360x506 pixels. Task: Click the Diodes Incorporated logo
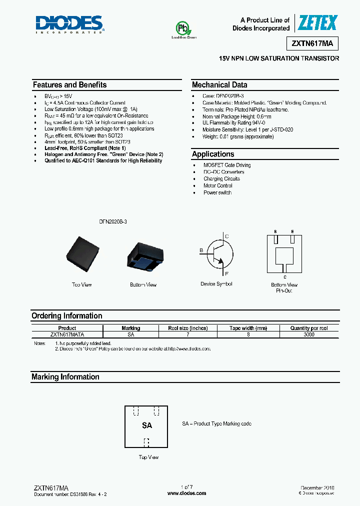point(69,24)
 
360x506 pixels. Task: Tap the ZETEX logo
point(317,23)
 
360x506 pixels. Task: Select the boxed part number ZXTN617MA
point(312,44)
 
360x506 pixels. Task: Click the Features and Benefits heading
point(69,85)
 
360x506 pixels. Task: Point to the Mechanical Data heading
point(219,85)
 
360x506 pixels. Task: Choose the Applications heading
point(213,154)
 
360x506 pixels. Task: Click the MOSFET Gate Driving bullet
point(227,165)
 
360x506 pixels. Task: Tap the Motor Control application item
point(217,185)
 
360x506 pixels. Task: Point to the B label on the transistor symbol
point(201,250)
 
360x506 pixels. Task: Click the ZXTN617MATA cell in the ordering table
point(67,334)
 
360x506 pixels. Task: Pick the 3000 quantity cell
point(309,334)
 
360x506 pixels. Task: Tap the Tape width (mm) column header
point(248,328)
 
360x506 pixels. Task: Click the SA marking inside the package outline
point(147,425)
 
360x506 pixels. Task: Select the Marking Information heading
point(65,377)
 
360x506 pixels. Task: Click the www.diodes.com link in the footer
point(186,493)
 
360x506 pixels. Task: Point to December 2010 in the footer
point(317,487)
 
